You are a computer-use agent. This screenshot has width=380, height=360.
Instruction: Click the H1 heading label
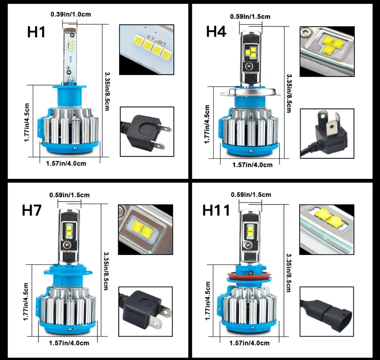pyautogui.click(x=36, y=32)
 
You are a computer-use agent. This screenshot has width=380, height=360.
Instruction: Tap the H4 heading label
pyautogui.click(x=216, y=31)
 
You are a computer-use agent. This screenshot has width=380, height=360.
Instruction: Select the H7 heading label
pyautogui.click(x=31, y=210)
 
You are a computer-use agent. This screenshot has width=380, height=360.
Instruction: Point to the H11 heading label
pyautogui.click(x=216, y=210)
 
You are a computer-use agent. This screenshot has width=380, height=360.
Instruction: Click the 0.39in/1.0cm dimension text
pyautogui.click(x=71, y=14)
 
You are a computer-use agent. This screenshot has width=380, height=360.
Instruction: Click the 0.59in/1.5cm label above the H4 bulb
pyautogui.click(x=250, y=17)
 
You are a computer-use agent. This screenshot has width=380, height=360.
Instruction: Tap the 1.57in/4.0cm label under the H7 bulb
pyautogui.click(x=69, y=343)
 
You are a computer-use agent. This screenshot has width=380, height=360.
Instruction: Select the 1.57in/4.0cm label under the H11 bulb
pyautogui.click(x=249, y=343)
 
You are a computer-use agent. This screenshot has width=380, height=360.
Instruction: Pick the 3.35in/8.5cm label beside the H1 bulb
pyautogui.click(x=107, y=91)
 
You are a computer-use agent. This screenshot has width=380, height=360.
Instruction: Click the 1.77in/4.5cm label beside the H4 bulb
pyautogui.click(x=207, y=124)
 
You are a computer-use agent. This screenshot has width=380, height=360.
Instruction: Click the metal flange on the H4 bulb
pyautogui.click(x=250, y=91)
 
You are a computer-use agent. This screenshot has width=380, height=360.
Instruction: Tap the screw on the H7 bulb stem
pyautogui.click(x=67, y=245)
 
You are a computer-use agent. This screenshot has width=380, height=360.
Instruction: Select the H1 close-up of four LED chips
pyautogui.click(x=147, y=49)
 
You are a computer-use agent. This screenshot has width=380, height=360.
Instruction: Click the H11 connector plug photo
pyautogui.click(x=327, y=311)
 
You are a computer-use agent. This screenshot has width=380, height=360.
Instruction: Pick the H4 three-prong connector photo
pyautogui.click(x=327, y=134)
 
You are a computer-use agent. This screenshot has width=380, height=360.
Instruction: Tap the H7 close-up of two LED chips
pyautogui.click(x=145, y=229)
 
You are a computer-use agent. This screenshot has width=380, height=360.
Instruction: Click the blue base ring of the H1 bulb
pyautogui.click(x=70, y=147)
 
